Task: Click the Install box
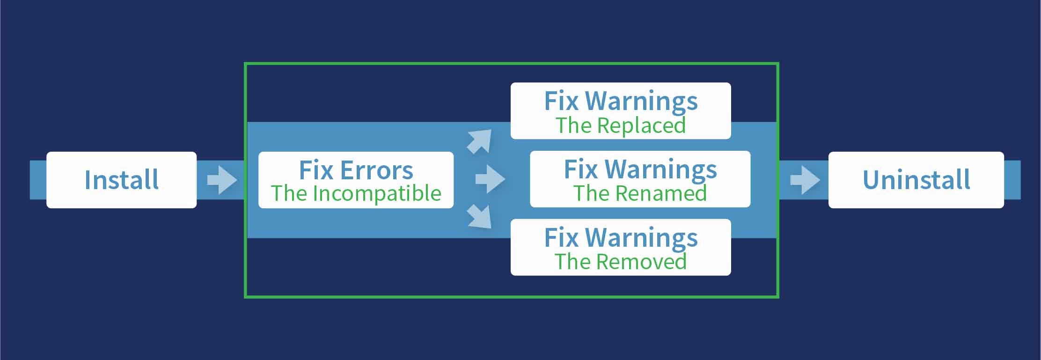tap(121, 180)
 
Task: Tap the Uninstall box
tap(916, 180)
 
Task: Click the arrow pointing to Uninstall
tap(805, 180)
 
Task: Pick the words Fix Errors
tap(356, 170)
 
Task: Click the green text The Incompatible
tap(356, 193)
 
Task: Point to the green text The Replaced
tap(620, 125)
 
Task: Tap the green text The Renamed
tap(640, 193)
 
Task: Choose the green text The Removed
tap(620, 262)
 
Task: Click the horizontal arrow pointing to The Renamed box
tap(490, 179)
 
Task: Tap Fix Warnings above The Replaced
tap(620, 101)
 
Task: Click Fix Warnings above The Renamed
tap(640, 169)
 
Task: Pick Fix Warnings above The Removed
tap(620, 238)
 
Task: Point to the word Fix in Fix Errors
tap(315, 170)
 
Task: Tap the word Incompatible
tap(377, 194)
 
